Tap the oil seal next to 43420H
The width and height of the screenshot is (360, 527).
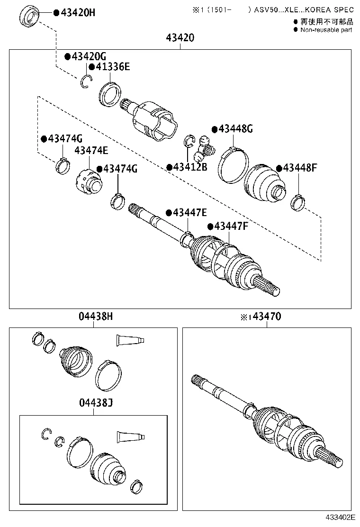click(29, 18)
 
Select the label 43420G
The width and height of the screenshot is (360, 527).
click(85, 57)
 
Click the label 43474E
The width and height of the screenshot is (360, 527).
click(91, 151)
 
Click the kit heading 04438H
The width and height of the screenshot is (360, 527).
click(93, 317)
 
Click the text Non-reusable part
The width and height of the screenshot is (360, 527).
click(326, 30)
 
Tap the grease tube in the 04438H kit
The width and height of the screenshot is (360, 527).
click(130, 339)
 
